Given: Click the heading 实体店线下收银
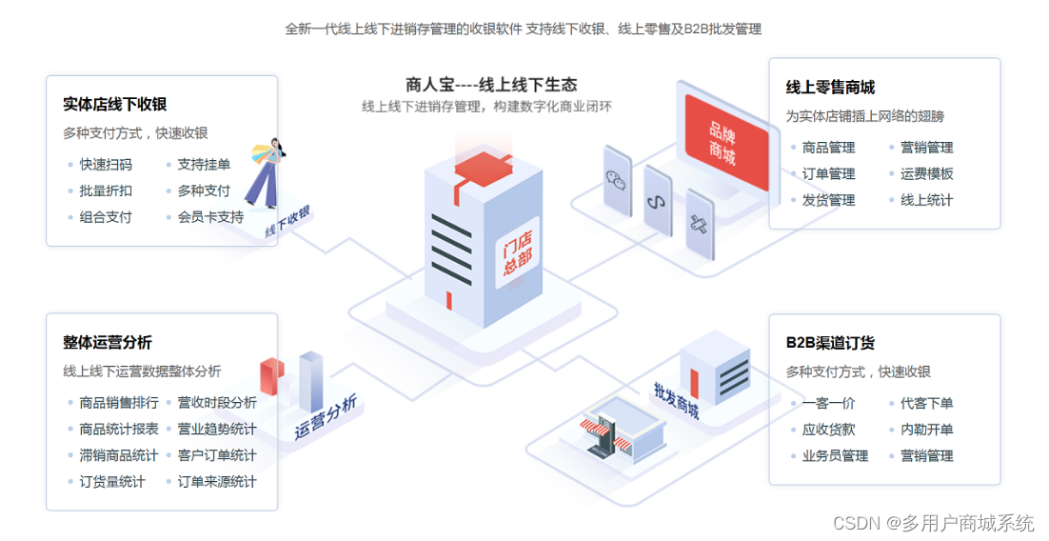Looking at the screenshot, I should tap(114, 104).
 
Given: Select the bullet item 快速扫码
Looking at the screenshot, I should tap(106, 165).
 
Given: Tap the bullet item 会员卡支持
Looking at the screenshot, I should tap(210, 217).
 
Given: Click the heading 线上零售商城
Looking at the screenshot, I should tap(830, 88).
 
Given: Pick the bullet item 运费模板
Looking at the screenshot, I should tap(926, 174).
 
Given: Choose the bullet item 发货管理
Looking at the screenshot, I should tap(828, 200).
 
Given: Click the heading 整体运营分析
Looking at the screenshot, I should tap(108, 342).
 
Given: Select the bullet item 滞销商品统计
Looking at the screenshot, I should tap(119, 455).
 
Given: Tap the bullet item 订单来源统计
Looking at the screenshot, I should tap(217, 482).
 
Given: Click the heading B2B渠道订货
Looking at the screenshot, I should tap(830, 343).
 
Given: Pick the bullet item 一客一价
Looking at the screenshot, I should tap(828, 404).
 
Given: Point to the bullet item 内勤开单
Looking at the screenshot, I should tap(926, 430).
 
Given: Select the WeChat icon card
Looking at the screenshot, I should tap(618, 178).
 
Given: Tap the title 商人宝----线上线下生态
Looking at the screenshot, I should tap(491, 84).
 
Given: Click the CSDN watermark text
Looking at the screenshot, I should tap(933, 523).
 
